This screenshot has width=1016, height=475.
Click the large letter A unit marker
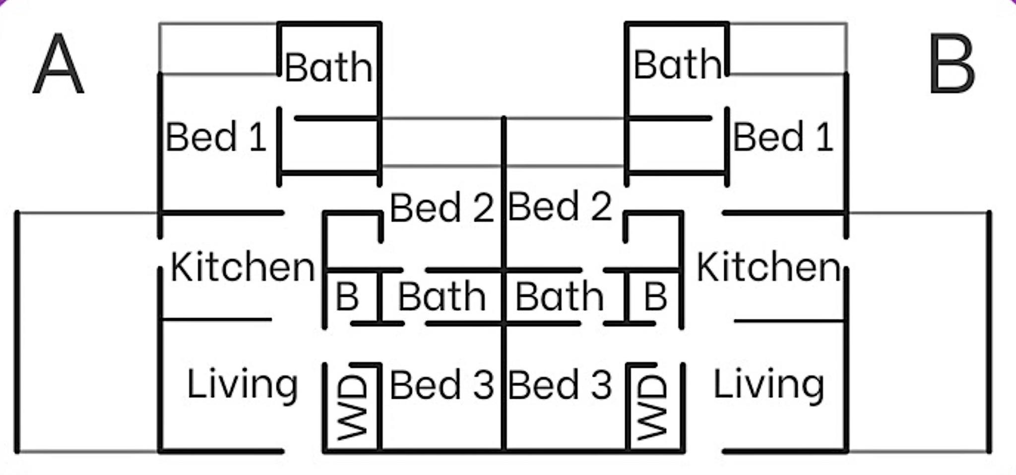(x=58, y=64)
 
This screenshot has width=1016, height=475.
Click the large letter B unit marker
(x=951, y=64)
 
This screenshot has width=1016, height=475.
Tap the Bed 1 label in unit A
(x=216, y=137)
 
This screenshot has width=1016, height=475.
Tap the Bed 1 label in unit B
(x=783, y=137)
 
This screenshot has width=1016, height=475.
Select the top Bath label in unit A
(x=328, y=68)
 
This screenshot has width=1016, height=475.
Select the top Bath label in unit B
(x=677, y=65)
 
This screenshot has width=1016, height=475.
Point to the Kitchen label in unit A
(x=243, y=267)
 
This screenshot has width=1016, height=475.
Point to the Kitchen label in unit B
(x=769, y=267)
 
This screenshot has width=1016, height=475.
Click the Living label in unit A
(x=243, y=385)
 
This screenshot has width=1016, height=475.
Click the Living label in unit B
(x=769, y=385)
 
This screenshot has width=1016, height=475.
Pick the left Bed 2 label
(x=442, y=207)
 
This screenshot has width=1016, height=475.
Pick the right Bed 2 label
(x=560, y=206)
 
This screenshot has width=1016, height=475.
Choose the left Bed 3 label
(x=442, y=385)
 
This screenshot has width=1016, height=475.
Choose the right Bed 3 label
(x=560, y=385)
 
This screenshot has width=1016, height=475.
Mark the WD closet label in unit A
(x=353, y=407)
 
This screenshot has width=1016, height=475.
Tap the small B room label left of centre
(x=347, y=297)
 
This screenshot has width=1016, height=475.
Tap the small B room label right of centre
(x=655, y=297)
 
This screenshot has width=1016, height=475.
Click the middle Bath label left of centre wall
(x=442, y=297)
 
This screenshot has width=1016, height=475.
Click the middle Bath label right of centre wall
(x=560, y=297)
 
